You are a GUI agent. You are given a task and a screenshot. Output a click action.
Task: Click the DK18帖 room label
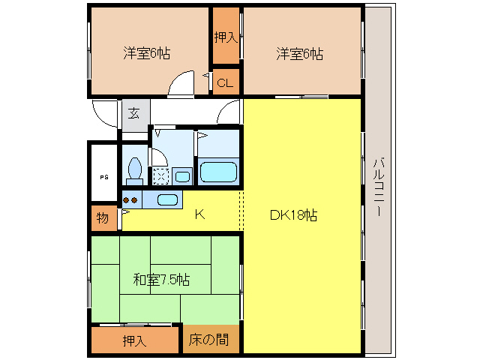(x=293, y=215)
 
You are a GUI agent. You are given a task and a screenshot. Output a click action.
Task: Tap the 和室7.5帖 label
(x=161, y=280)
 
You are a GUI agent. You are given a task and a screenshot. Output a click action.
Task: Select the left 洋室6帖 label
(x=146, y=53)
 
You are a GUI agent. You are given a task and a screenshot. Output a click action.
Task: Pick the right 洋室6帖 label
(x=299, y=53)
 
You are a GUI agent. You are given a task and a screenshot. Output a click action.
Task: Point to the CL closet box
(x=225, y=82)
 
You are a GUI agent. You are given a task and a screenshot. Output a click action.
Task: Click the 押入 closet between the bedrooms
(x=225, y=36)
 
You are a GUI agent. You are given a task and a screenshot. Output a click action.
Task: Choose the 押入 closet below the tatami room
(x=134, y=340)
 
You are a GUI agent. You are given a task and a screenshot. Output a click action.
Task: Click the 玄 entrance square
(x=133, y=114)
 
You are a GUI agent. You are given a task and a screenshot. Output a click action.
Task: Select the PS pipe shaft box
(x=103, y=176)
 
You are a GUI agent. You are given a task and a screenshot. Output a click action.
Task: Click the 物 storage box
(x=102, y=219)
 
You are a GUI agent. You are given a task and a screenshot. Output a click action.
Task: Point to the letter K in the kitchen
(x=199, y=214)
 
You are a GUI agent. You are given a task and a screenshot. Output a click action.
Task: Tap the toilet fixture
(x=135, y=169)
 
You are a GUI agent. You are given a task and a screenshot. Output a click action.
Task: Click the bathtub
(x=218, y=171)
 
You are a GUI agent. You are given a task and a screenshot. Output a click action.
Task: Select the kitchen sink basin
(x=168, y=199)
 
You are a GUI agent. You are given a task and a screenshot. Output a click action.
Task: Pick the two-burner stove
(x=131, y=200)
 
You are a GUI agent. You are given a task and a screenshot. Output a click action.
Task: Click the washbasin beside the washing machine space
(x=182, y=176)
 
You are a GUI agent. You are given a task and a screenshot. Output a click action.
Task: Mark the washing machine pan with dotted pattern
(x=160, y=175)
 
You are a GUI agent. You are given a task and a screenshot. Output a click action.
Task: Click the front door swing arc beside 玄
(x=105, y=112)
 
